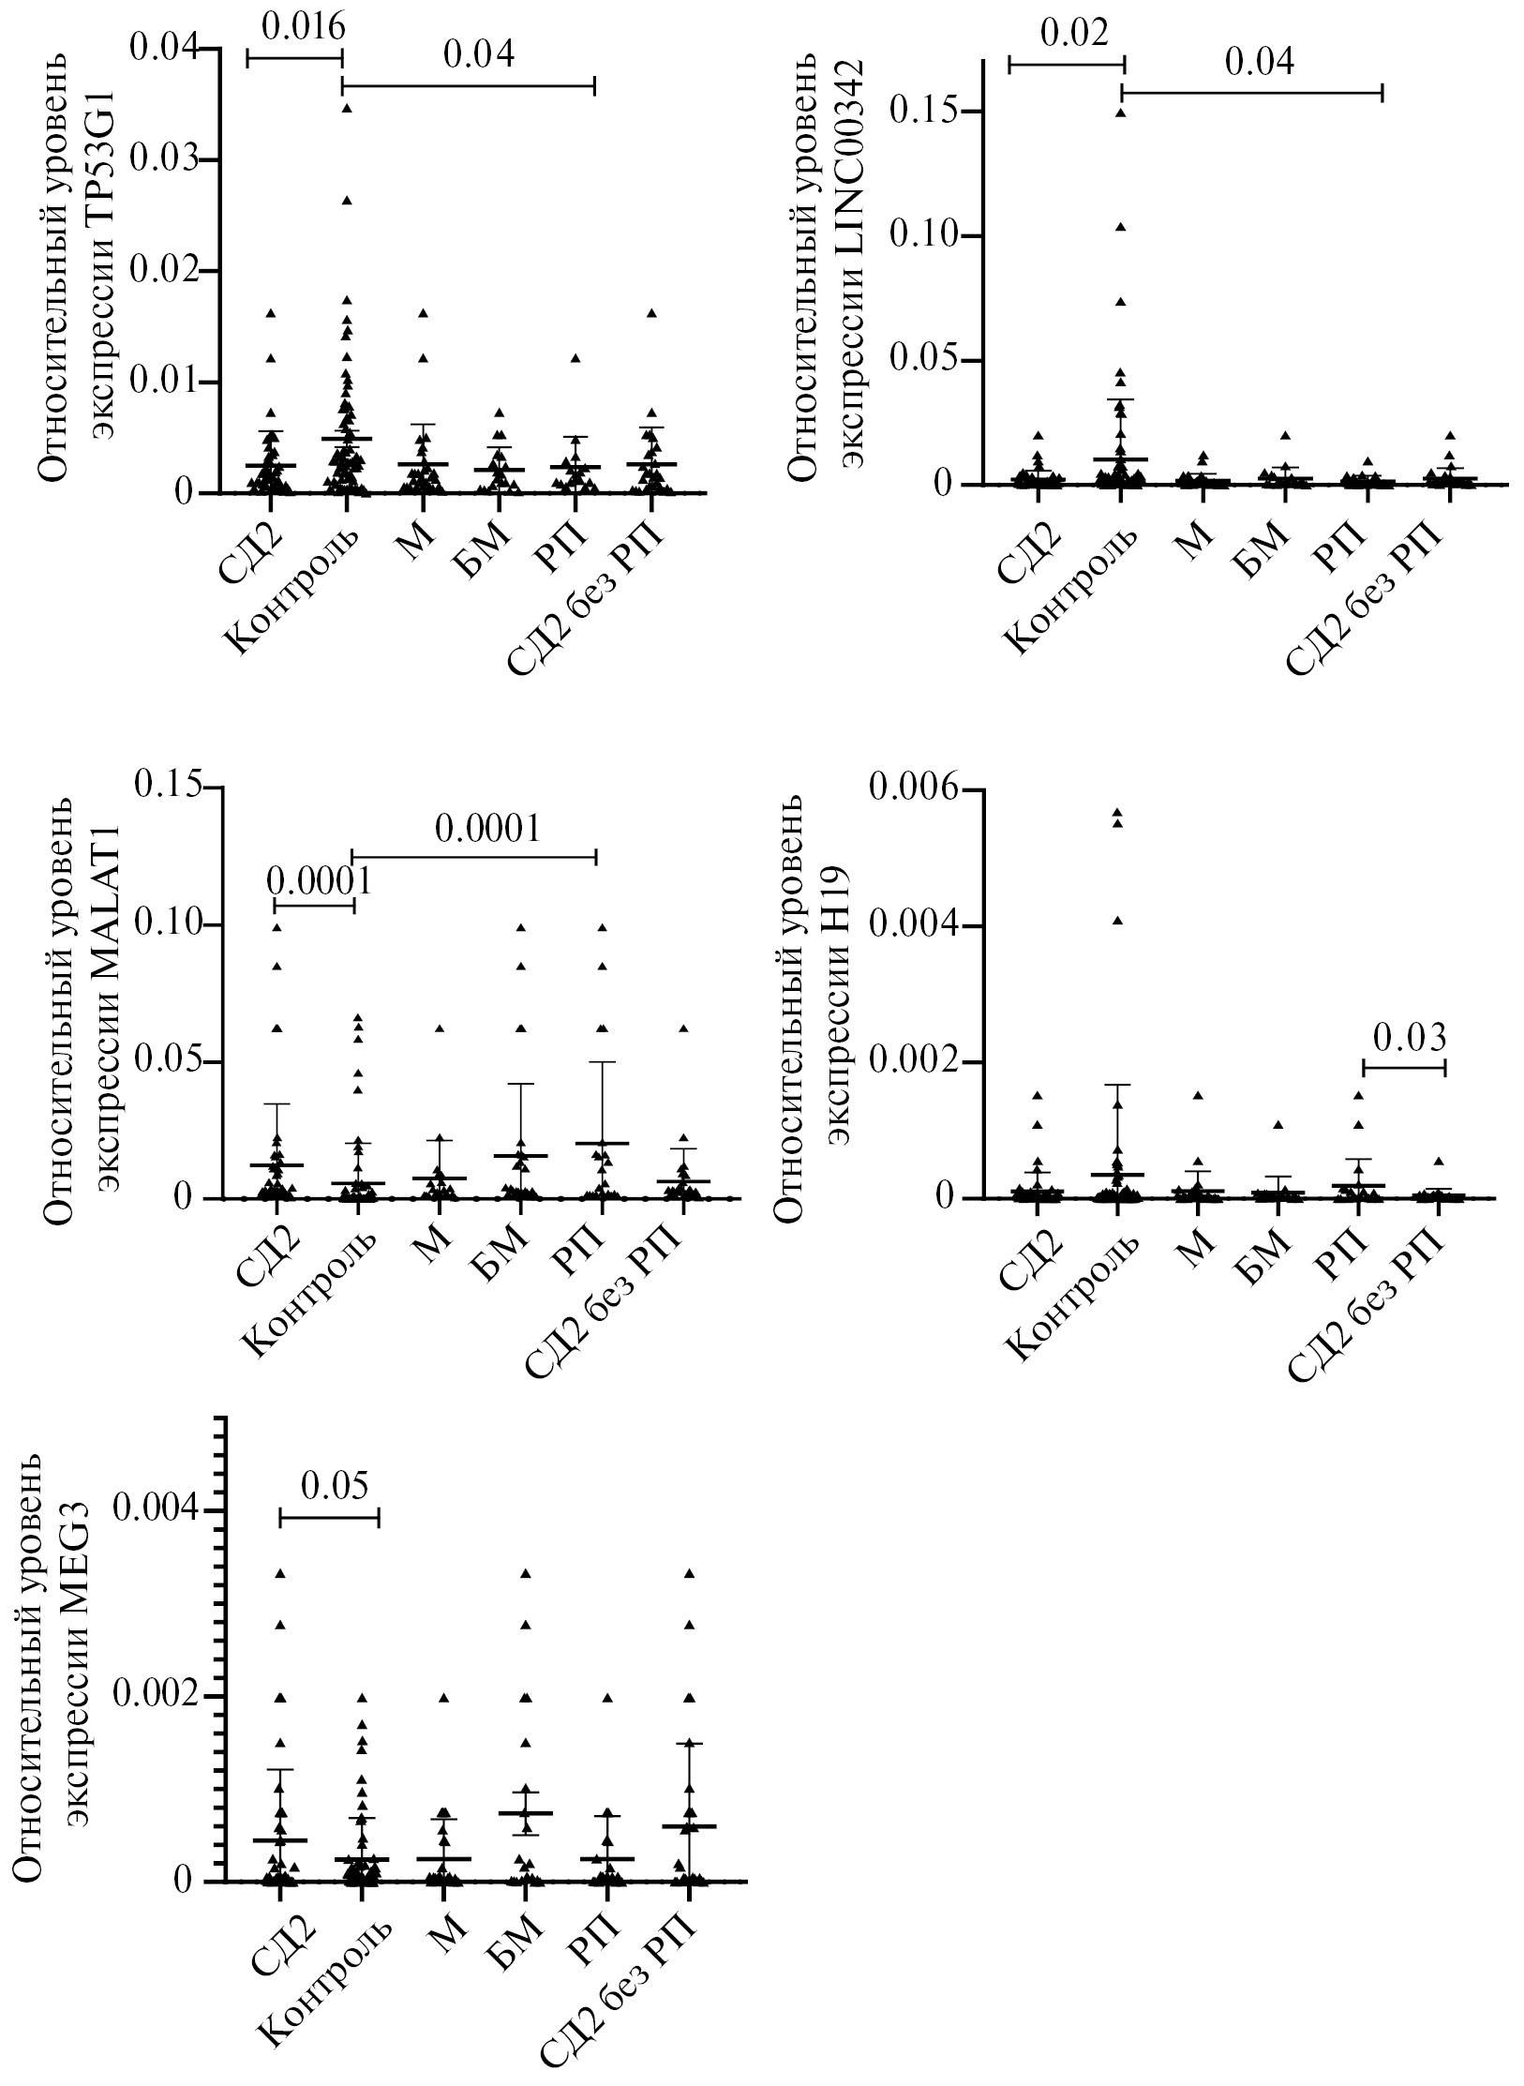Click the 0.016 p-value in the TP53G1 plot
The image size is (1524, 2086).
(x=302, y=28)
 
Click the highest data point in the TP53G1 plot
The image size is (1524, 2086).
(x=347, y=108)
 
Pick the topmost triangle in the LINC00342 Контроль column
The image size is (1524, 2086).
(x=1119, y=113)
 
